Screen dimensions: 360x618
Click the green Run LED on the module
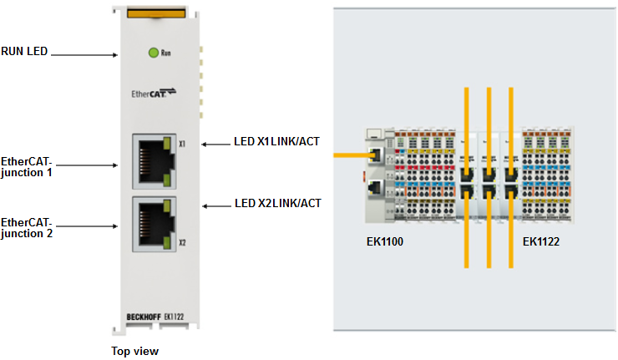153,53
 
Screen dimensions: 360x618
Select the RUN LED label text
25,51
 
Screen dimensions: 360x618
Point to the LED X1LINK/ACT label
277,142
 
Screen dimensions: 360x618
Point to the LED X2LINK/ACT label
277,203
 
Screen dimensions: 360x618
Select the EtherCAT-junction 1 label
27,166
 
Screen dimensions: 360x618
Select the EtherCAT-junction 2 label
27,227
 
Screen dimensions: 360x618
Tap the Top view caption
134,351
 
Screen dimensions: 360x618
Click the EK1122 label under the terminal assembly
540,242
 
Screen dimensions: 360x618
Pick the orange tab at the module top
155,12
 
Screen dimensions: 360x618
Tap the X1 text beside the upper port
181,144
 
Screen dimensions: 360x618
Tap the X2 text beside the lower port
181,242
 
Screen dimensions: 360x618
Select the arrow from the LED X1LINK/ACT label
215,143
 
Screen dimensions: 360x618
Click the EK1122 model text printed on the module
175,317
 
